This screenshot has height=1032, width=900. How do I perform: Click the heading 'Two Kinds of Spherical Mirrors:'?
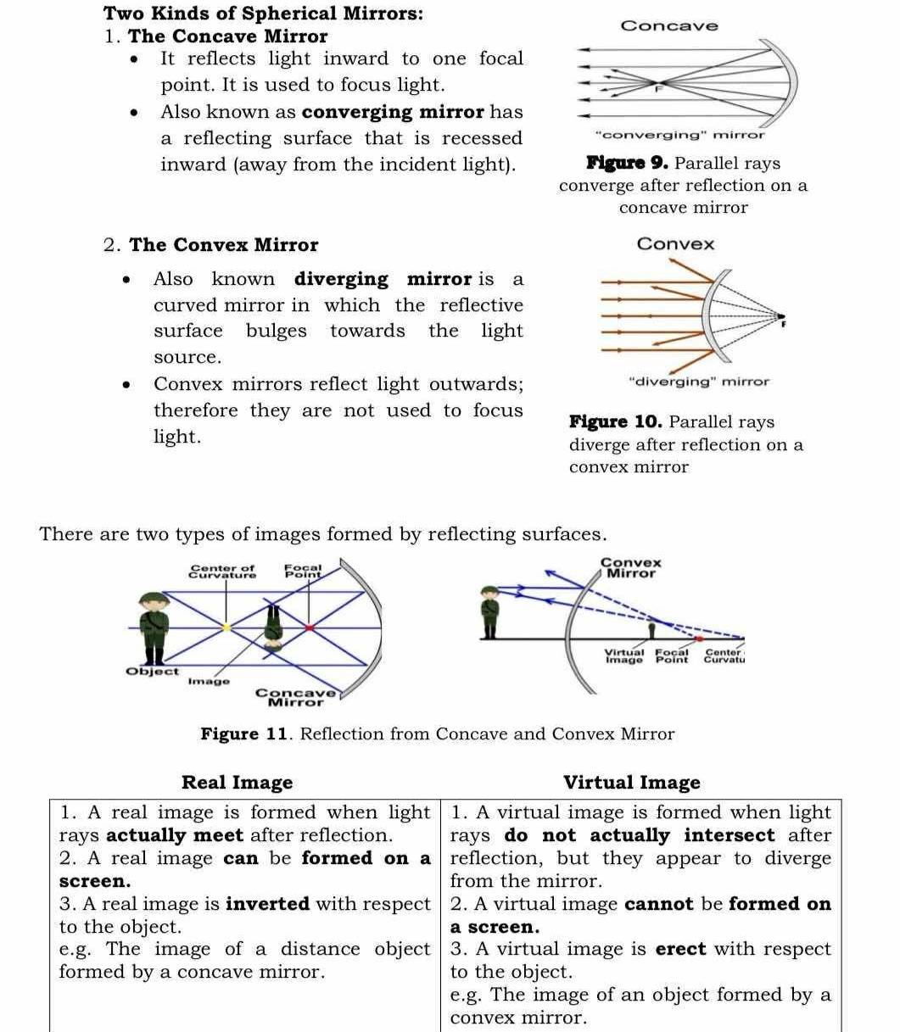pos(264,14)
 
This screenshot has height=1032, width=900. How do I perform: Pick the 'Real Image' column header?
pos(238,782)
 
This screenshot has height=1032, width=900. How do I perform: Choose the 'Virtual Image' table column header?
pos(632,782)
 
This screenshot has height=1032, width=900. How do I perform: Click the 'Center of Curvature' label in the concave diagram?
pos(222,572)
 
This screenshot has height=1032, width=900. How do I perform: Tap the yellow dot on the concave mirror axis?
pos(226,628)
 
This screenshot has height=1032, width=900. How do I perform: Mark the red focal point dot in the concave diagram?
pos(310,628)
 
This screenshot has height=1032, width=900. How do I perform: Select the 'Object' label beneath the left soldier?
pos(153,671)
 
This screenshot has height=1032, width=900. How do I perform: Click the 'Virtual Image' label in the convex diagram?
pos(625,655)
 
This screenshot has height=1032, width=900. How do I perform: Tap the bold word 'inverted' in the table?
pos(267,904)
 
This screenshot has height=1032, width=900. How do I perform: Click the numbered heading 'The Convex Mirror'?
pos(224,245)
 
